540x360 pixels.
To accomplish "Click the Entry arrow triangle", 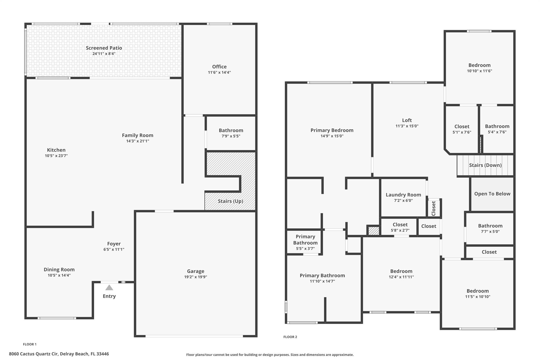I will coord(109,288).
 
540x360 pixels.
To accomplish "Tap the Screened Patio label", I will coord(104,48).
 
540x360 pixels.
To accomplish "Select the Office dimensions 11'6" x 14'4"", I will coord(219,73).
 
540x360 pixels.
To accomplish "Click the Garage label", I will coord(195,271).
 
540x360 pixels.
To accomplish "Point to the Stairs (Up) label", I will coord(230,201).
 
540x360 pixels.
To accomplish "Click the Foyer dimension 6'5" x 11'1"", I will coord(114,249).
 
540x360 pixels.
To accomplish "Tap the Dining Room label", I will coord(59,270).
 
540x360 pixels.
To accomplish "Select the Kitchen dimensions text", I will coord(56,156).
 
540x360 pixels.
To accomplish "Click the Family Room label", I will coord(137,135).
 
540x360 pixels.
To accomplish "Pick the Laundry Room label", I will coord(403,195).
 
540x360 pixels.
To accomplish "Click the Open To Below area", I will coord(492,194).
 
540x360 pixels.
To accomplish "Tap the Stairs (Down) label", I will coord(485,165).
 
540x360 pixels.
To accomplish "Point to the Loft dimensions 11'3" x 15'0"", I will coord(407,126).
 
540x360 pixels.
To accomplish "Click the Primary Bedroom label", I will coord(332,130).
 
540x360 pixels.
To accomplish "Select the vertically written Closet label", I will coord(433,208).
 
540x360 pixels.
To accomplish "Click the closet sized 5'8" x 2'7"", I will coord(400,227).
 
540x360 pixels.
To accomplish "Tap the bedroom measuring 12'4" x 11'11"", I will coord(401,274).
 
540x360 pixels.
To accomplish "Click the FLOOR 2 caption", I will coord(290,337).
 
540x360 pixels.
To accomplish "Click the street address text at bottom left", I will coord(59,354).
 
